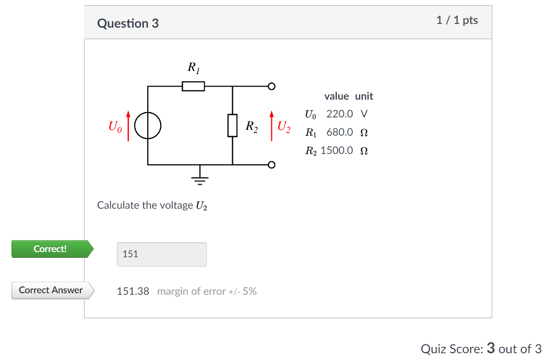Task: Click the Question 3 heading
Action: click(x=128, y=23)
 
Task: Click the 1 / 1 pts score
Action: click(x=457, y=20)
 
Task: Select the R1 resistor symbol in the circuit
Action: click(x=193, y=86)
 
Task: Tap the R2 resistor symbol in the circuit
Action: click(x=232, y=126)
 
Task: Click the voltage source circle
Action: click(x=148, y=126)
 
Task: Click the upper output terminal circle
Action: click(x=271, y=86)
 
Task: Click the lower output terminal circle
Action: click(x=271, y=165)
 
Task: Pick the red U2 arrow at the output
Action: click(x=271, y=125)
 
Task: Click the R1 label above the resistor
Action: click(x=193, y=67)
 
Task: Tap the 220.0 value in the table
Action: click(x=340, y=114)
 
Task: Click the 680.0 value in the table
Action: click(x=340, y=132)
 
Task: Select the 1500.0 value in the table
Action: click(x=337, y=150)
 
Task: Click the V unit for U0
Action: click(x=364, y=114)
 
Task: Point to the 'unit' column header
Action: click(x=364, y=96)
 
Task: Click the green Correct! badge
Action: click(x=51, y=249)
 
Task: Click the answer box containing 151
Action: click(x=161, y=254)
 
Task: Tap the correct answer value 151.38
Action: click(x=133, y=291)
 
